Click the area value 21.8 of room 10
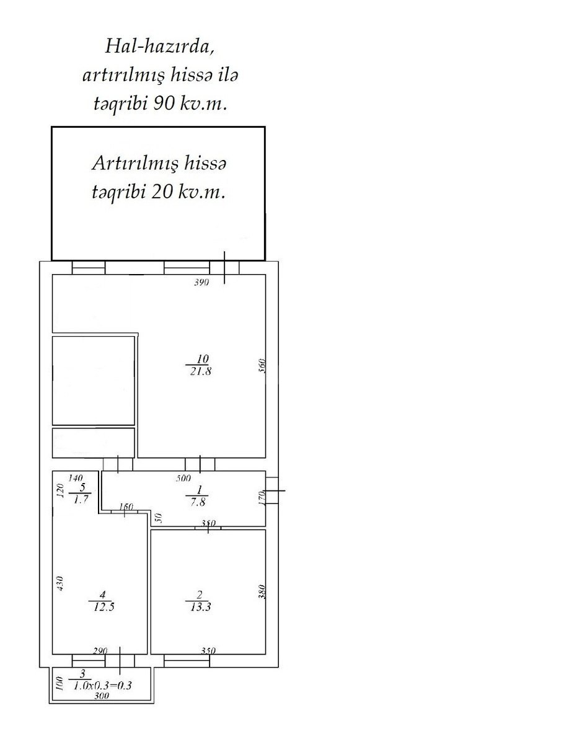pyautogui.click(x=200, y=371)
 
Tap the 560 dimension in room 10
pyautogui.click(x=262, y=365)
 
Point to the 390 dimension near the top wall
pyautogui.click(x=201, y=283)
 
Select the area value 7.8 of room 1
pyautogui.click(x=198, y=502)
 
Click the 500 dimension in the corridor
pyautogui.click(x=183, y=479)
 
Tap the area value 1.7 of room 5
pyautogui.click(x=81, y=500)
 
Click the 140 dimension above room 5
pyautogui.click(x=76, y=478)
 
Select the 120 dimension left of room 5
pyautogui.click(x=61, y=490)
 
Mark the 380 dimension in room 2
pyautogui.click(x=262, y=591)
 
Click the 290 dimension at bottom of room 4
pyautogui.click(x=100, y=651)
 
